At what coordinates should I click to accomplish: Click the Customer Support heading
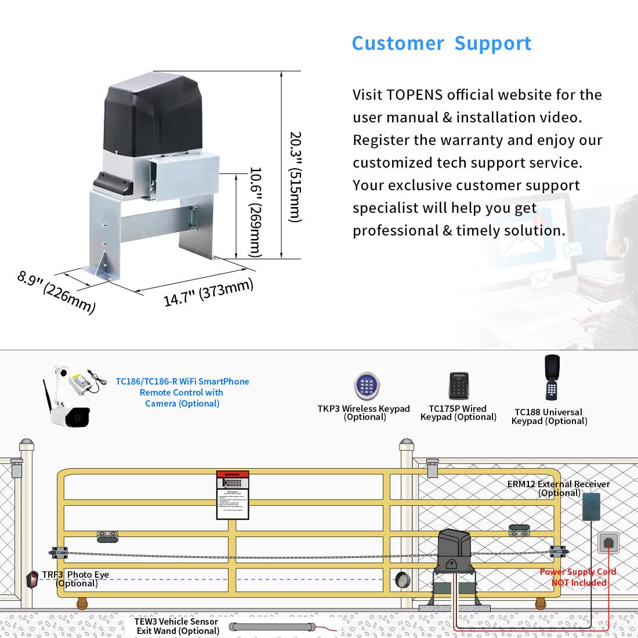(441, 43)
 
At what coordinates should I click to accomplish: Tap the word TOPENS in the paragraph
(415, 95)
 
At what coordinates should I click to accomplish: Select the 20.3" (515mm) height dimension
(295, 176)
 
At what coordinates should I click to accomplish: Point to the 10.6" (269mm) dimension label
(255, 212)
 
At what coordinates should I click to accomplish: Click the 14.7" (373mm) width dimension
(208, 292)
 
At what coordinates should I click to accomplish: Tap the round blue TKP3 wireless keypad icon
(367, 386)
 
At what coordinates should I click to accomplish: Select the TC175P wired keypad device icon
(458, 386)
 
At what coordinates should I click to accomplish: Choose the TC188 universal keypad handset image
(552, 377)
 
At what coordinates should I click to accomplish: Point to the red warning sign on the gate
(233, 495)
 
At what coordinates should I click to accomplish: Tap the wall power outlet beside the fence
(608, 543)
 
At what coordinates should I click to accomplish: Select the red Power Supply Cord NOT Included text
(578, 577)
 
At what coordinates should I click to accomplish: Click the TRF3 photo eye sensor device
(32, 579)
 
